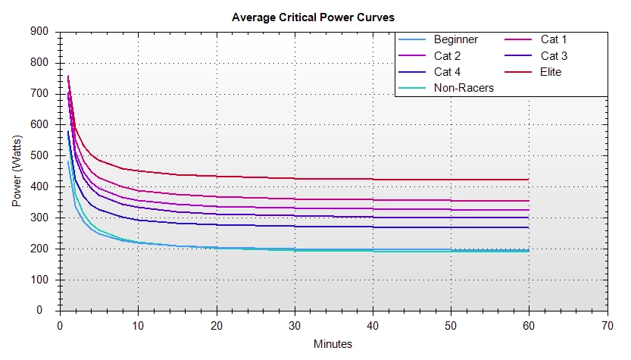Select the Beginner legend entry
[456, 39]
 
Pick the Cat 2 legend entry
[447, 56]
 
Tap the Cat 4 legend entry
[447, 72]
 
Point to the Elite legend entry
[551, 72]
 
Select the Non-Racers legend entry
[464, 88]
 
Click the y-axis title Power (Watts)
[17, 171]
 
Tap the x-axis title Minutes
[333, 344]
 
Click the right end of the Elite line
[529, 180]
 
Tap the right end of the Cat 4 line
[529, 227]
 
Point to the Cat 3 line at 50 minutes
[451, 218]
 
